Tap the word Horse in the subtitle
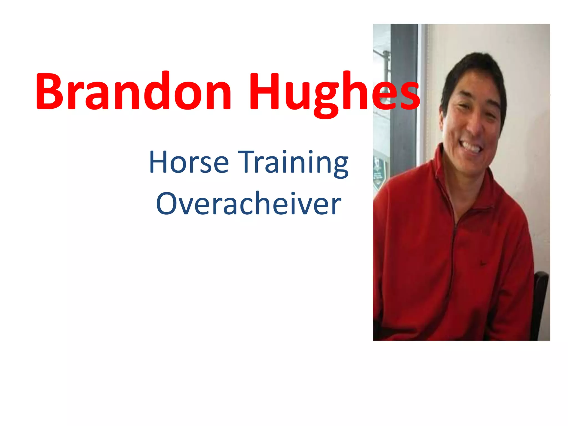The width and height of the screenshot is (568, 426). pyautogui.click(x=189, y=162)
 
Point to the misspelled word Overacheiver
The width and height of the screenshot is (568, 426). pyautogui.click(x=248, y=204)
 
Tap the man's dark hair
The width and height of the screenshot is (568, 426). pyautogui.click(x=471, y=67)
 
